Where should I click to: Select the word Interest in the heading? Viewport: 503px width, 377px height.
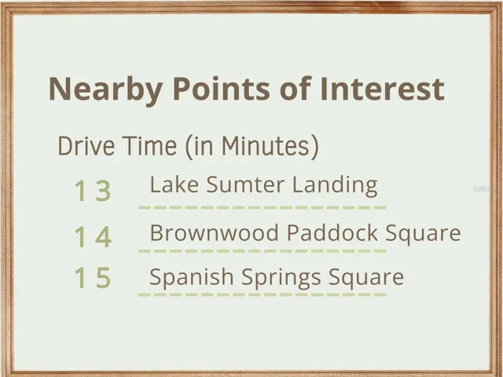coord(382,88)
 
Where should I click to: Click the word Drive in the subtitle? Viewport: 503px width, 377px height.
coord(86,145)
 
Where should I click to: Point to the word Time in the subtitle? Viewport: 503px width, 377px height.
coord(150,145)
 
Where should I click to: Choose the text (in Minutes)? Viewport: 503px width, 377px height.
coord(252,146)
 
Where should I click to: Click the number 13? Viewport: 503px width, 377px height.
coord(93,190)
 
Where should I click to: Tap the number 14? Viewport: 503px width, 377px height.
coord(93,236)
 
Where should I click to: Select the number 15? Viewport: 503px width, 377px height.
coord(93,277)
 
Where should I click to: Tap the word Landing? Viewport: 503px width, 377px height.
coord(335,186)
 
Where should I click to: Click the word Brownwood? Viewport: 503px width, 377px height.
coord(215,232)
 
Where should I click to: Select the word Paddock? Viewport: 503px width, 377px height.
coord(332,232)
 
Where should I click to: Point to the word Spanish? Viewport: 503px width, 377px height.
coord(192,277)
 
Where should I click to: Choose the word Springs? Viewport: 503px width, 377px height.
coord(281,278)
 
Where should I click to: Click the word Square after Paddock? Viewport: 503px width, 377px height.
coord(423,234)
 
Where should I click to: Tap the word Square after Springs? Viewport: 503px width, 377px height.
coord(366,278)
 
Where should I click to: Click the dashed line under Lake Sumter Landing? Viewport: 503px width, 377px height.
coord(262,207)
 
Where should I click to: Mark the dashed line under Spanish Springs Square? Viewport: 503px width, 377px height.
coord(262,295)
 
